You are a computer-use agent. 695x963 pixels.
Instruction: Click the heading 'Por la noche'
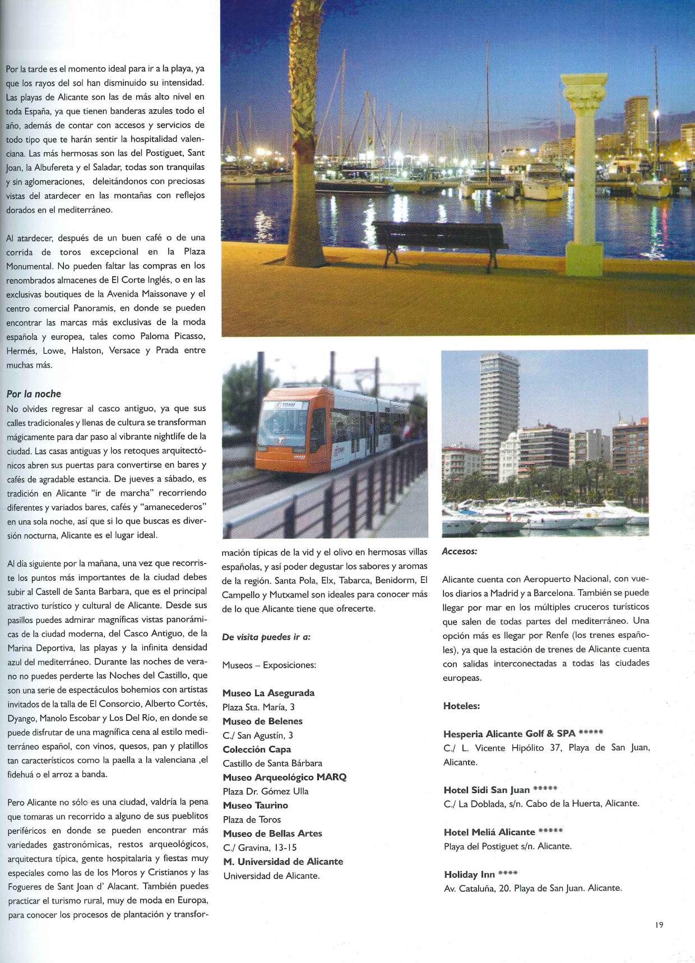tap(34, 394)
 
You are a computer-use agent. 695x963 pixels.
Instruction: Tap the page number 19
tap(659, 925)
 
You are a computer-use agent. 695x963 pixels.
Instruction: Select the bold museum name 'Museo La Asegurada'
tap(268, 693)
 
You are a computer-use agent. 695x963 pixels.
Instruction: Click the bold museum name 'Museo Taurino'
tap(255, 805)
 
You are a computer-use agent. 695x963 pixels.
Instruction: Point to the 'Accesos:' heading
tap(460, 551)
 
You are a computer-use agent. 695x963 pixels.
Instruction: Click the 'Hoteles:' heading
tap(461, 706)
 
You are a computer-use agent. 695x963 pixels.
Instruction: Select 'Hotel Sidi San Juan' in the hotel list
tap(486, 790)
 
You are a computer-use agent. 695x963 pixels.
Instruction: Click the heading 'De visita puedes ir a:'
tap(266, 637)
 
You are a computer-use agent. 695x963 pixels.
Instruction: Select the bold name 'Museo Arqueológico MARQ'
tap(285, 777)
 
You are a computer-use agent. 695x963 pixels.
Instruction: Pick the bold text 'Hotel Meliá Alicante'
tap(489, 832)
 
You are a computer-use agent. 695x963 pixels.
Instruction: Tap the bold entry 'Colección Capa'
tap(257, 749)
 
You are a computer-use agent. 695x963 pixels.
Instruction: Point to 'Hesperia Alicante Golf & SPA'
tap(509, 734)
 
